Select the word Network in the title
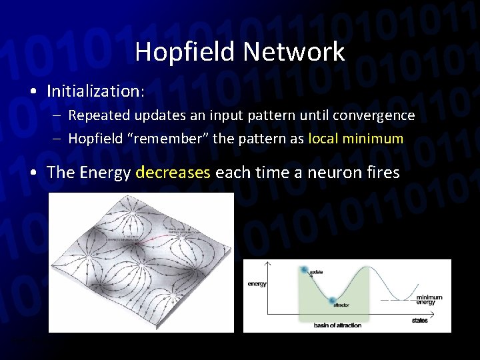pyautogui.click(x=293, y=51)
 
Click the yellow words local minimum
pyautogui.click(x=356, y=139)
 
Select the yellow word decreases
pyautogui.click(x=173, y=173)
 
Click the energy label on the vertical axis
pyautogui.click(x=257, y=284)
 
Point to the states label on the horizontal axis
pyautogui.click(x=419, y=321)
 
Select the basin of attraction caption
pyautogui.click(x=337, y=325)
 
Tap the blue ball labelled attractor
pyautogui.click(x=335, y=300)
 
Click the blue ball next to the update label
pyautogui.click(x=305, y=270)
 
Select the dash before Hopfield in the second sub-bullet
pyautogui.click(x=59, y=139)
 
